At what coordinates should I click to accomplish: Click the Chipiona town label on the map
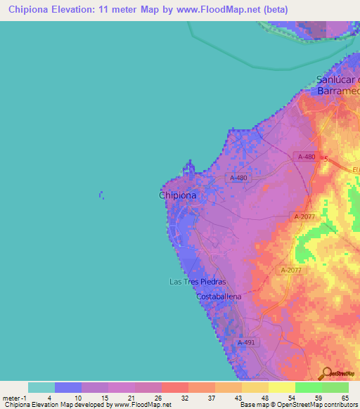(x=177, y=196)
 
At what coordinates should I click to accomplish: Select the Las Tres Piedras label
(x=198, y=282)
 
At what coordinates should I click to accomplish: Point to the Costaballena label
(x=218, y=297)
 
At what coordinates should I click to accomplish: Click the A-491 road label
(x=245, y=342)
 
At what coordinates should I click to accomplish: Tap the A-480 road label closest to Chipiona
(x=239, y=178)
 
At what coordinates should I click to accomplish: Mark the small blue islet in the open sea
(x=101, y=194)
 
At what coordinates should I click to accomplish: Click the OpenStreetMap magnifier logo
(x=325, y=373)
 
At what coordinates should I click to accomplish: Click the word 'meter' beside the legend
(x=11, y=397)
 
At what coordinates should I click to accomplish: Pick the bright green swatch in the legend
(x=308, y=387)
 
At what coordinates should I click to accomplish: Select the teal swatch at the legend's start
(x=41, y=387)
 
